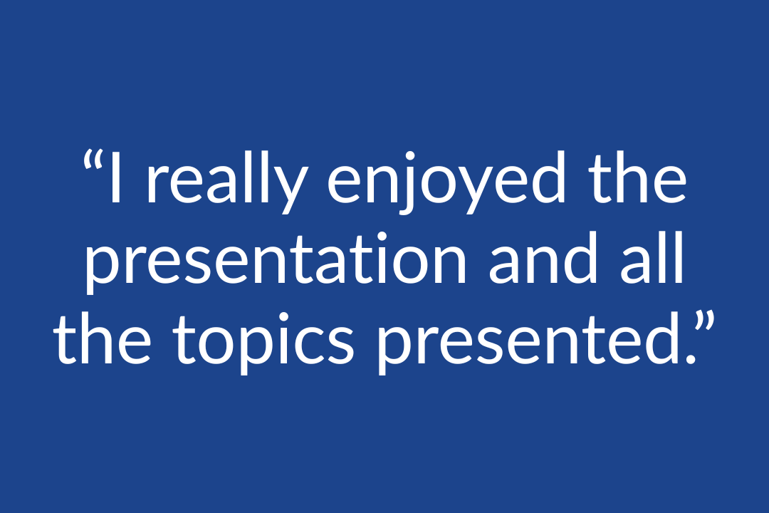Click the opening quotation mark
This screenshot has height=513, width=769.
point(93,160)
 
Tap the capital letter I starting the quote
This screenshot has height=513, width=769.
point(116,177)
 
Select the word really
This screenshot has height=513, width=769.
point(228,182)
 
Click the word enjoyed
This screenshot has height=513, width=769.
point(446,182)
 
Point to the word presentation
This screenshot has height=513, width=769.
point(276,263)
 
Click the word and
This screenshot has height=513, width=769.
point(543,257)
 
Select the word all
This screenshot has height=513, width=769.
point(652,257)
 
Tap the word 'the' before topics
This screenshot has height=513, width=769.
point(103,338)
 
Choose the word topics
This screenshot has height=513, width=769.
point(263,343)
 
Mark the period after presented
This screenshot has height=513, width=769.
point(691,359)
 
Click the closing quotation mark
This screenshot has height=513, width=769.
point(706,322)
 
